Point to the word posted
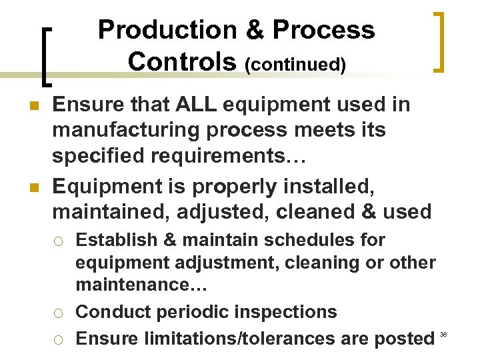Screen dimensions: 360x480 405,338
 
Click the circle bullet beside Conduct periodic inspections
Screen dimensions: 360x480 59,313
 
